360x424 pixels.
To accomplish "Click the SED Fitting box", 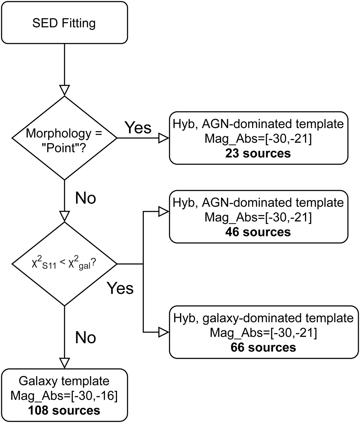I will pos(64,23).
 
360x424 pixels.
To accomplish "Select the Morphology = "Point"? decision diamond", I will pos(64,138).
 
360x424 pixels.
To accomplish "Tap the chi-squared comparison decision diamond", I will pos(64,264).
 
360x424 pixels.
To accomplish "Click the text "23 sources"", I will pos(258,153).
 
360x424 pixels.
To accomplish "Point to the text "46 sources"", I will pos(258,232).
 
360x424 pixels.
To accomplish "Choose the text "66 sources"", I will pos(263,347).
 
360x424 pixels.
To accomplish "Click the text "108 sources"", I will pos(64,410).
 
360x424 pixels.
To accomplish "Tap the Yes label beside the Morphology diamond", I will pos(138,128).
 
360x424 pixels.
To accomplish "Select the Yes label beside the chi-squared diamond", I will pos(120,288).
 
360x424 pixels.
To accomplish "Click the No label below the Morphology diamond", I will pos(85,198).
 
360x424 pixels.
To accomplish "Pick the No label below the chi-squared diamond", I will pos(85,338).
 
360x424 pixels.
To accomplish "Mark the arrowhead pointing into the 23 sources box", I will pos(164,138).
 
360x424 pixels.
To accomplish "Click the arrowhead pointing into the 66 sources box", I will pos(164,332).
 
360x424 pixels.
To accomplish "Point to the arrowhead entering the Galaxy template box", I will pos(64,363).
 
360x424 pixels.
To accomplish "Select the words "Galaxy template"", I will pos(64,381).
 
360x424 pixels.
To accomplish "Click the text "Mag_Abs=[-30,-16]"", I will pos(64,396).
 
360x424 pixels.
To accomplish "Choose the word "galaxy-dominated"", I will pos(243,318).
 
